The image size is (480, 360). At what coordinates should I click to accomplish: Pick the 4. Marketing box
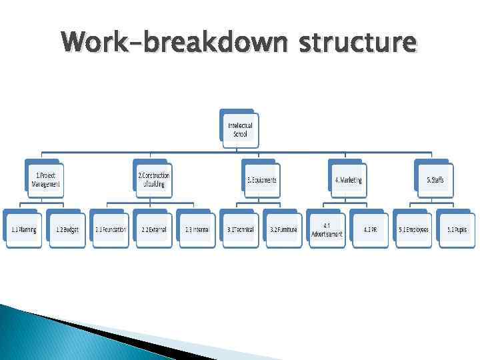[347, 180]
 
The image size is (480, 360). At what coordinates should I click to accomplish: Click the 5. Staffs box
[435, 180]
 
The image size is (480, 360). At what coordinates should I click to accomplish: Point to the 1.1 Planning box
[23, 230]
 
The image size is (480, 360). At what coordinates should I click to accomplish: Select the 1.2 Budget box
[67, 230]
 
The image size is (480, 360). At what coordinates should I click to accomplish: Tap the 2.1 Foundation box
[111, 230]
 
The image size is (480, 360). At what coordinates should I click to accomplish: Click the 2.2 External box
[153, 230]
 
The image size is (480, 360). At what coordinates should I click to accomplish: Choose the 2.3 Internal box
[197, 230]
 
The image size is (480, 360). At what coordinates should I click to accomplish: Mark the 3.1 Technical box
[241, 230]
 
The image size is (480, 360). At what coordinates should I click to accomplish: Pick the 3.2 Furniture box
[283, 230]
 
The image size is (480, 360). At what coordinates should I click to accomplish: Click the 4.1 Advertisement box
[327, 230]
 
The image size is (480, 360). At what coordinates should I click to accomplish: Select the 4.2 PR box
[370, 230]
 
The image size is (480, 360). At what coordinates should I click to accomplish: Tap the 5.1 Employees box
[413, 230]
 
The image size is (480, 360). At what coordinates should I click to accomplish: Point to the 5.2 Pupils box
[457, 230]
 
